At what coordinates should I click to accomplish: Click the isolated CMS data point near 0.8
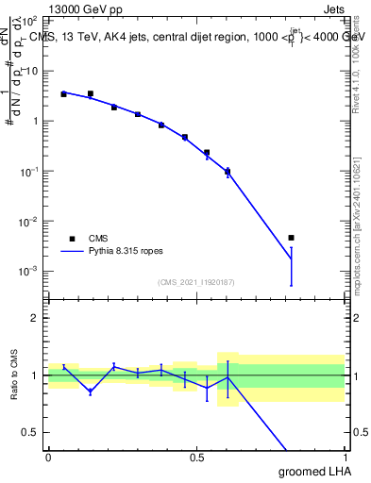coord(291,238)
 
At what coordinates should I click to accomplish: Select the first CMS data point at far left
coord(63,94)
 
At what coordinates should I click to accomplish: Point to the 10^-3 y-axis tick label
coord(30,272)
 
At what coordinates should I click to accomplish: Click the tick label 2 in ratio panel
coord(35,318)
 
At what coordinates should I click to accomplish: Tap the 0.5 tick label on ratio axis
coord(31,432)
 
